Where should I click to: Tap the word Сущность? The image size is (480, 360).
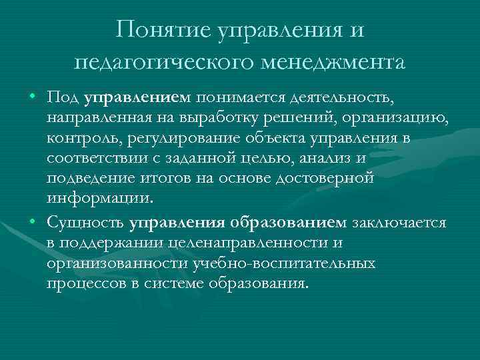(x=85, y=222)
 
